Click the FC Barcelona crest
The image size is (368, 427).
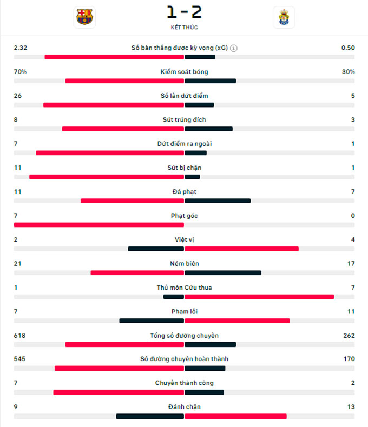[85, 17]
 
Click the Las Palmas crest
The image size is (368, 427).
[284, 17]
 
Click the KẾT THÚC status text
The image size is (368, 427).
[184, 27]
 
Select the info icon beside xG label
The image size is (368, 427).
[233, 48]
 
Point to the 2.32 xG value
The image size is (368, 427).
[21, 48]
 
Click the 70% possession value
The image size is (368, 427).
[20, 72]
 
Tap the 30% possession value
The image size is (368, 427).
[348, 72]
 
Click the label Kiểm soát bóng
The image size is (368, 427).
[184, 72]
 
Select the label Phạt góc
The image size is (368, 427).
[184, 216]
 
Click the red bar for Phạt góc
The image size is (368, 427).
[99, 225]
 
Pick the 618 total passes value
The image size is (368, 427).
[19, 336]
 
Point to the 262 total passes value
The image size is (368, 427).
[349, 336]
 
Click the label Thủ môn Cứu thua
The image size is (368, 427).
[184, 288]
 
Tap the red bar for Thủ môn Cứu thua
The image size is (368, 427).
[259, 297]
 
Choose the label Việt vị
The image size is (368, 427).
[184, 239]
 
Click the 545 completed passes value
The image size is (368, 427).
[19, 359]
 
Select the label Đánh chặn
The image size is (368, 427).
[184, 407]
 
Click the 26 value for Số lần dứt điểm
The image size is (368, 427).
[18, 96]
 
